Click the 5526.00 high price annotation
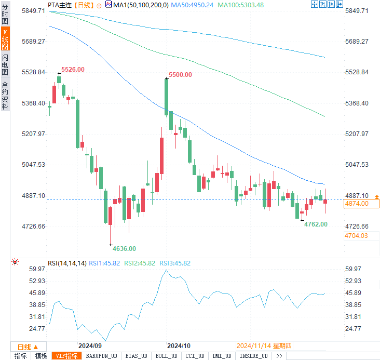pyautogui.click(x=73, y=70)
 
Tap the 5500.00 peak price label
pyautogui.click(x=180, y=75)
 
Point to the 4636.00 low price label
pyautogui.click(x=124, y=249)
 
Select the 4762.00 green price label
pyautogui.click(x=316, y=224)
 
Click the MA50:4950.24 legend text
pyautogui.click(x=192, y=5)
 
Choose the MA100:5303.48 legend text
pyautogui.click(x=241, y=5)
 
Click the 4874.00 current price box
pyautogui.click(x=356, y=204)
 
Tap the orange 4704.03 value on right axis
pyautogui.click(x=356, y=236)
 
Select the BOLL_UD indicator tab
pyautogui.click(x=166, y=356)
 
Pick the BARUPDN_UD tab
pyautogui.click(x=102, y=356)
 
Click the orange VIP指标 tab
pyautogui.click(x=66, y=356)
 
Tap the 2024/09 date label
pyautogui.click(x=90, y=345)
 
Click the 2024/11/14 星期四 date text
pyautogui.click(x=264, y=345)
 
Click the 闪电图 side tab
pyautogui.click(x=5, y=64)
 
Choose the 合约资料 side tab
pyautogui.click(x=5, y=96)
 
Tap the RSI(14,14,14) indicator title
pyautogui.click(x=67, y=263)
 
